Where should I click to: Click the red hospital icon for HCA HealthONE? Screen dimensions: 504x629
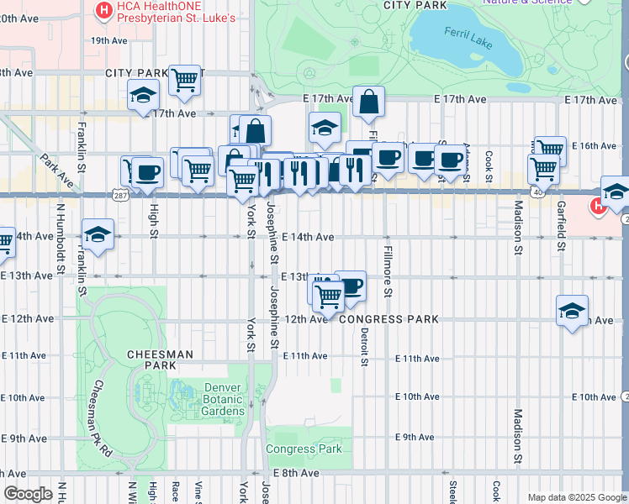click(x=103, y=11)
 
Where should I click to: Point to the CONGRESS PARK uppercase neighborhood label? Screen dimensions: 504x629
click(x=395, y=319)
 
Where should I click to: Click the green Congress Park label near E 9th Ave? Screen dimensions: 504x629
click(x=304, y=449)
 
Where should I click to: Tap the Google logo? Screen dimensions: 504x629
click(x=27, y=494)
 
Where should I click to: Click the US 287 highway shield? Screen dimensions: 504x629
click(x=120, y=194)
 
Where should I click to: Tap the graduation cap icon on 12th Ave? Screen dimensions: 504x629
click(x=572, y=312)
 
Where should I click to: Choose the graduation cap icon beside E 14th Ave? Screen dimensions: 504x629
click(x=98, y=234)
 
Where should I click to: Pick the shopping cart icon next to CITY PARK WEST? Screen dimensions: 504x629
click(x=184, y=81)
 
